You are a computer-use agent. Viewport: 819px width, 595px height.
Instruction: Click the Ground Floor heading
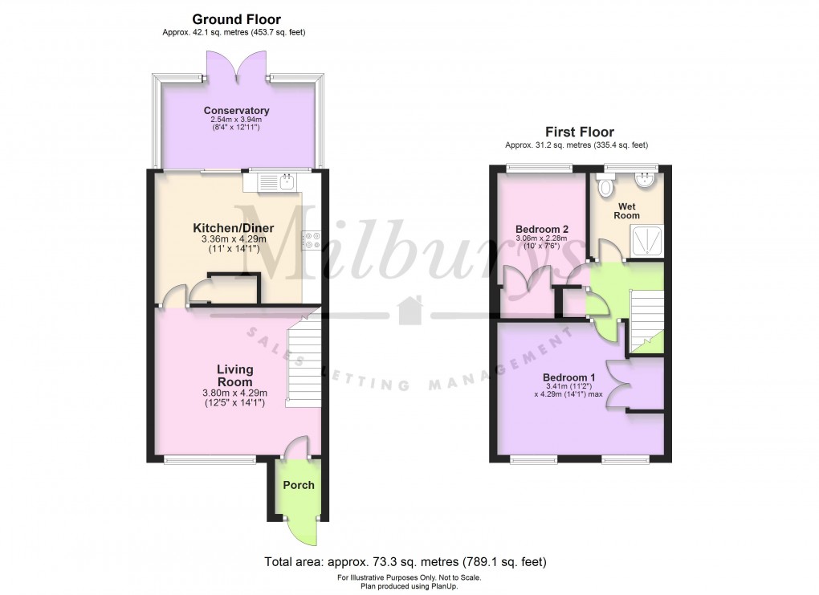(x=236, y=19)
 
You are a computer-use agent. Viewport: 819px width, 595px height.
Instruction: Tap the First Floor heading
(x=579, y=132)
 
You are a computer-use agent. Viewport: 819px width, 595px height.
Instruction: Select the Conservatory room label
(x=236, y=111)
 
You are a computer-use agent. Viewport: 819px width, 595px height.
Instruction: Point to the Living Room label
(x=234, y=375)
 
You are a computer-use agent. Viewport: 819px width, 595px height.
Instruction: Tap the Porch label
(x=298, y=485)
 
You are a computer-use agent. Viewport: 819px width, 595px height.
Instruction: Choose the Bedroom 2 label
(x=541, y=228)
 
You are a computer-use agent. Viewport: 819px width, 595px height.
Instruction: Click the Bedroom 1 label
(x=569, y=377)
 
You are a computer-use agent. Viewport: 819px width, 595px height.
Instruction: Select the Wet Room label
(x=627, y=211)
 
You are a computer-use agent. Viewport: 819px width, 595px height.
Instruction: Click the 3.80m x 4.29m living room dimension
(x=234, y=393)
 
